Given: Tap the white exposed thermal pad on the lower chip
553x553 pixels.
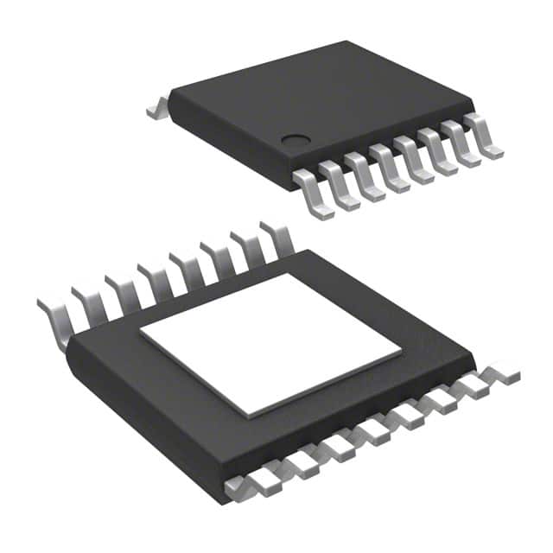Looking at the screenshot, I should [x=270, y=343].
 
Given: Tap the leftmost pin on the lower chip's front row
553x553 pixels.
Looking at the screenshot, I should [x=242, y=488].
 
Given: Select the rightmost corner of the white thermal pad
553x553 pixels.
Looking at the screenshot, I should [x=401, y=352].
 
